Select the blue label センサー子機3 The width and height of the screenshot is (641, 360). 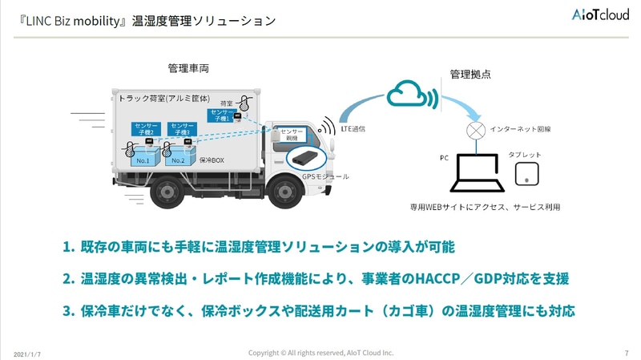point(183,128)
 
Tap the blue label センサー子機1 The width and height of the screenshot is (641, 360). point(221,115)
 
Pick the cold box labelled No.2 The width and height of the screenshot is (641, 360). point(179,159)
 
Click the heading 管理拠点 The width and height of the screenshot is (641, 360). point(470,74)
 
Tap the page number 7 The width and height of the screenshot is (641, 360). point(626,353)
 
